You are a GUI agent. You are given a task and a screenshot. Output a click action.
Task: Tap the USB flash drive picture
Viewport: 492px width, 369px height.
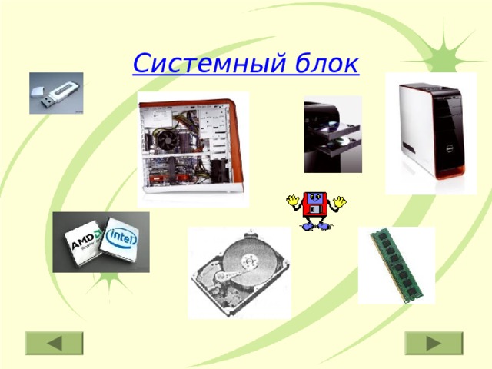55,93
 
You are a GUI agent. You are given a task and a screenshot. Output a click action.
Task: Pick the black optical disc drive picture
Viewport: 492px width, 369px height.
332,134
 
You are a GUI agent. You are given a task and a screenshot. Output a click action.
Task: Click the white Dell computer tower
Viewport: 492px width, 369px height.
430,132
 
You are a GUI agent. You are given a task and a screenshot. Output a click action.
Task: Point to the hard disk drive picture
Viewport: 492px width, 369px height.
239,273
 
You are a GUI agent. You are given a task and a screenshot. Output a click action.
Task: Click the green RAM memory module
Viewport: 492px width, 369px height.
397,264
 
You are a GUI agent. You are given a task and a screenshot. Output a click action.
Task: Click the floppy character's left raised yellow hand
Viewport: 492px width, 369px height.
293,202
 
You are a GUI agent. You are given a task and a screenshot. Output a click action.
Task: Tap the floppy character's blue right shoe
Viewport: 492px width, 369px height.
324,226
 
